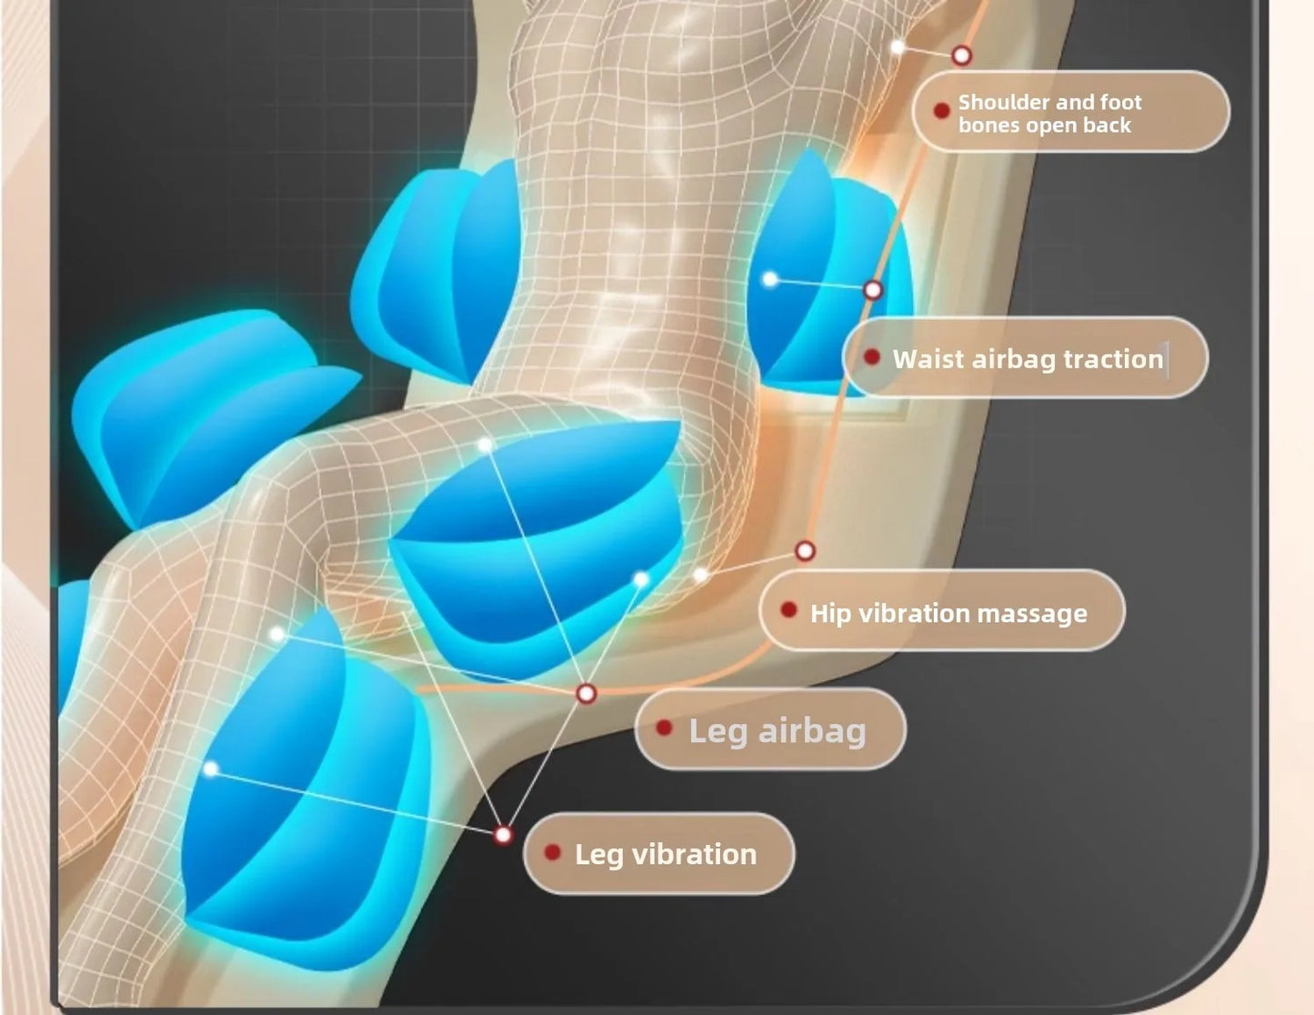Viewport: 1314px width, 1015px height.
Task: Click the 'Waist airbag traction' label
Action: pos(1028,359)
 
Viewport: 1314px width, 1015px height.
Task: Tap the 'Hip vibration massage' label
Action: pos(948,614)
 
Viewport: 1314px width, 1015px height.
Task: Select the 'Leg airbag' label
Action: pos(777,730)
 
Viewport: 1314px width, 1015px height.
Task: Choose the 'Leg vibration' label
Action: pos(665,855)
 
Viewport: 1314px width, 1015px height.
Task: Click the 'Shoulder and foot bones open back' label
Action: pos(1049,113)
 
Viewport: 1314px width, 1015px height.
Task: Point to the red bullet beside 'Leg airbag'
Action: pos(664,728)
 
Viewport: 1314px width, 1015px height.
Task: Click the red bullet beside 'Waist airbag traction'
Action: pos(871,357)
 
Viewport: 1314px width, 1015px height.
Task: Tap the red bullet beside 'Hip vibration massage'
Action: pos(787,610)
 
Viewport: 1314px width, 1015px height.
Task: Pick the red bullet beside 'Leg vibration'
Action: pos(551,852)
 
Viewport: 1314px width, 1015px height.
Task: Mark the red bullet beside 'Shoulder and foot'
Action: pos(941,111)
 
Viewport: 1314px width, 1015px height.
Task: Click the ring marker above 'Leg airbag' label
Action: pos(586,693)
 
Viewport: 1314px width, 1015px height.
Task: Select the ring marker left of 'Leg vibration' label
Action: pos(503,836)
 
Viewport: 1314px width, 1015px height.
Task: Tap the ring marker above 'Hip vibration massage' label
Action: pos(805,551)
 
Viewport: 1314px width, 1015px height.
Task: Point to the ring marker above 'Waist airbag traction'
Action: pos(873,290)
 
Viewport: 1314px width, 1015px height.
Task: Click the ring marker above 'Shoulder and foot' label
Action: pos(961,55)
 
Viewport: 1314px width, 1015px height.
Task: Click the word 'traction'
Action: pos(1113,359)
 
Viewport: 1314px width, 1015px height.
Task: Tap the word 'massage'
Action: pos(1031,614)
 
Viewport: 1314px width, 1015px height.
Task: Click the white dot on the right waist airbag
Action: pos(770,279)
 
